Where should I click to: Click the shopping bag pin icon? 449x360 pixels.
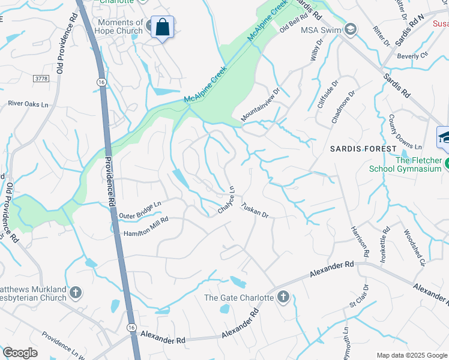162,27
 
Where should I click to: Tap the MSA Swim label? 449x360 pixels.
321,30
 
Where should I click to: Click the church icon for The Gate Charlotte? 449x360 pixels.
283,296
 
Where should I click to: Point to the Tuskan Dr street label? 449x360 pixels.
255,209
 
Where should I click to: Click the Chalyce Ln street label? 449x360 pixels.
226,200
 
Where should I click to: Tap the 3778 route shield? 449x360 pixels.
41,79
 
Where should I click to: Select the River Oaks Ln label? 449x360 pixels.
28,104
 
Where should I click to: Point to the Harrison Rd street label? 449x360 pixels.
359,239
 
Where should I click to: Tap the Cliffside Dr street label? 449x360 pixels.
328,92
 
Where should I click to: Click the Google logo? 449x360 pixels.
20,353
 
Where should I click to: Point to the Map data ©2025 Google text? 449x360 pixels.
411,355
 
